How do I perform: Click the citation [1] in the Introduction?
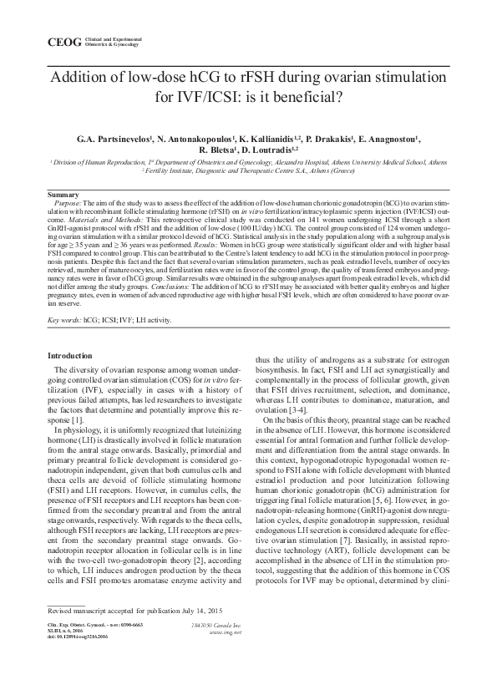tap(77, 419)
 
